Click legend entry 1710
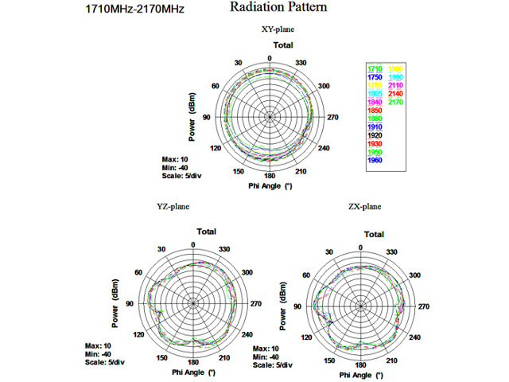[x=375, y=68]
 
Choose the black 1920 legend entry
[x=375, y=136]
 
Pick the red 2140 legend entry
[x=396, y=94]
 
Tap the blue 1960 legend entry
[x=375, y=161]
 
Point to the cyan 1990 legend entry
[x=396, y=76]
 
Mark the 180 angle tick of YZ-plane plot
[x=192, y=361]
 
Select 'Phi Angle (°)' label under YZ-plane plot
[x=193, y=372]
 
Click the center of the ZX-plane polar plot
[x=361, y=306]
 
